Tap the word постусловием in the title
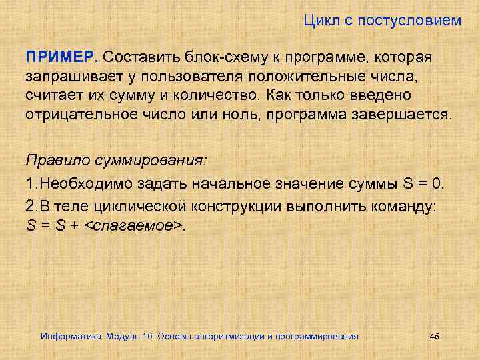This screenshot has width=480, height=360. click(409, 21)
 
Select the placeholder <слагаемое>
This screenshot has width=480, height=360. click(137, 225)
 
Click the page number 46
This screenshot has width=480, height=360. click(435, 336)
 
